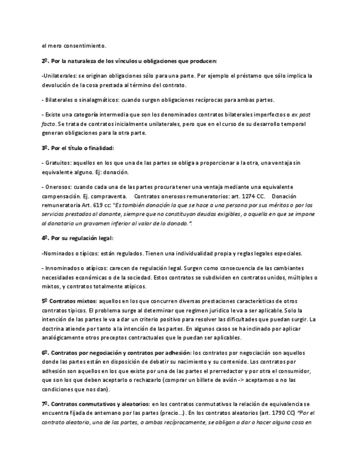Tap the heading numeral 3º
[44, 148]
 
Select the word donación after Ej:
[117, 172]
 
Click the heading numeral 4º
[44, 238]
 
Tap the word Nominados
[58, 254]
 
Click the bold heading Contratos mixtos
[73, 301]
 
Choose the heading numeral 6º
[44, 352]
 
